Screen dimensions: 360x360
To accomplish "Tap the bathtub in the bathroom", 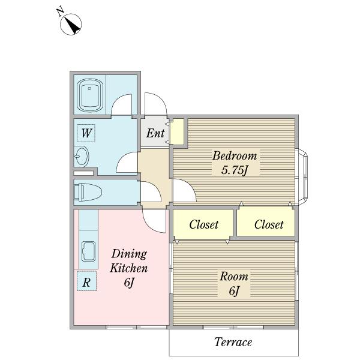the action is (x=89, y=96).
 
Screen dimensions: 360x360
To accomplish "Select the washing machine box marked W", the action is (x=86, y=133).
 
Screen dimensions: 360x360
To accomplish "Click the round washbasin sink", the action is (x=82, y=157).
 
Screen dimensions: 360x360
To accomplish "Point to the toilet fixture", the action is (x=88, y=192).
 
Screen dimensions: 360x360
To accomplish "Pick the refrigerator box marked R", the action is (x=86, y=281).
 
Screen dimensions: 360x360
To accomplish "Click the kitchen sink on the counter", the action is (x=89, y=251).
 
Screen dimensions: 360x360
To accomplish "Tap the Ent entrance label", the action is (x=155, y=133).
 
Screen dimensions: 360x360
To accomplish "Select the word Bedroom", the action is (x=235, y=155).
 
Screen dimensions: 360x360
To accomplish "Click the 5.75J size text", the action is (x=235, y=170).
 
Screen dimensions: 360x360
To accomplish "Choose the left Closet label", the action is (x=204, y=224).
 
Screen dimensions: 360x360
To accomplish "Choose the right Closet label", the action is (x=269, y=224).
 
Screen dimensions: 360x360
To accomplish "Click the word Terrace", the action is (x=233, y=342).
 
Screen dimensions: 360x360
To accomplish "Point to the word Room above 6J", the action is (x=234, y=276).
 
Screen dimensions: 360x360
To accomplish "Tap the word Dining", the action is (x=129, y=254).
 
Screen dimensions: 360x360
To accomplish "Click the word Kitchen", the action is (x=129, y=268).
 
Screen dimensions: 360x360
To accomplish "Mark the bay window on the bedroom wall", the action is (x=302, y=176).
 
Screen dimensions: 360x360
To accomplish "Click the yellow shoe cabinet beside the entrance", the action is (x=177, y=131).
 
